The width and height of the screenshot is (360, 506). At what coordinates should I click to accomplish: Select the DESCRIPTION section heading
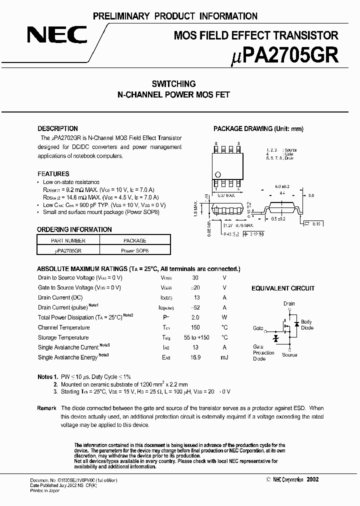click(x=57, y=128)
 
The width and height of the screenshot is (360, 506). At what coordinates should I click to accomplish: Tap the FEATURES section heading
click(x=53, y=174)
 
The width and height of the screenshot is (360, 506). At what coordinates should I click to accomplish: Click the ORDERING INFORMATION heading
click(x=74, y=229)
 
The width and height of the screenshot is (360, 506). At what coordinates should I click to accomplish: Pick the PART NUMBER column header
click(x=68, y=240)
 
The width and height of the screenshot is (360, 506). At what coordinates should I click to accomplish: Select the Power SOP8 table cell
click(x=135, y=250)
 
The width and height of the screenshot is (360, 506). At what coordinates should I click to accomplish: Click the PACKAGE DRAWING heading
click(x=258, y=128)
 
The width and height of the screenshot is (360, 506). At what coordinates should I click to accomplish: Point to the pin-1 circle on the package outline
click(x=217, y=174)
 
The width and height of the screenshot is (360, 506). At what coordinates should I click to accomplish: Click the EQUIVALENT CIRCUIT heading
click(x=282, y=288)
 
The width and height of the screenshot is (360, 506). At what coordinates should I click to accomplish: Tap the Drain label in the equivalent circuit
click(x=289, y=303)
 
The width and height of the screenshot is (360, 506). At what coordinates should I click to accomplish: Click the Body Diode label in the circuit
click(x=306, y=325)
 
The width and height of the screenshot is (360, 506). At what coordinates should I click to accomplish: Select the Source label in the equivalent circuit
click(x=289, y=355)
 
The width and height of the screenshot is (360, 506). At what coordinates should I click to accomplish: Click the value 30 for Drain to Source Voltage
click(x=195, y=277)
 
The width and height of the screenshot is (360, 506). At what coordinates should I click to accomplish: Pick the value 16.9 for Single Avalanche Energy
click(x=195, y=357)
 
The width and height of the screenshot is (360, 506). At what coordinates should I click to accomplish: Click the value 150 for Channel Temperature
click(x=195, y=327)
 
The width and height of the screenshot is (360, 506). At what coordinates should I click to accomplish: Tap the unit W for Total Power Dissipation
click(x=224, y=317)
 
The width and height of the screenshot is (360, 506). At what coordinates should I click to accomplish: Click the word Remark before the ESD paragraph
click(x=46, y=408)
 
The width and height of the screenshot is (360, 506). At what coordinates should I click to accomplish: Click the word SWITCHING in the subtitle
click(x=173, y=84)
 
